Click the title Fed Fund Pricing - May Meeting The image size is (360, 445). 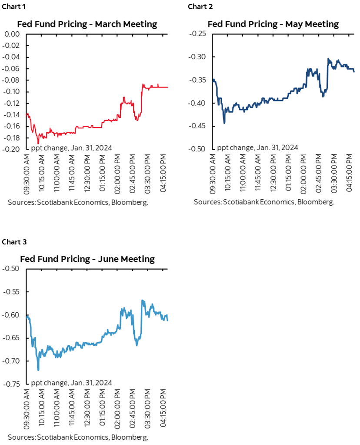pyautogui.click(x=273, y=24)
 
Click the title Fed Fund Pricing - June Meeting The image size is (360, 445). pyautogui.click(x=87, y=259)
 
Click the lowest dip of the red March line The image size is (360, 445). pyautogui.click(x=38, y=143)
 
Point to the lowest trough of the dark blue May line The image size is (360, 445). pyautogui.click(x=224, y=123)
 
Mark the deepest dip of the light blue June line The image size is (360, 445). pyautogui.click(x=38, y=370)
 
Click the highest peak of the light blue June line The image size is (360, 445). pyautogui.click(x=142, y=300)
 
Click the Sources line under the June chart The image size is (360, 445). pyautogui.click(x=78, y=437)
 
